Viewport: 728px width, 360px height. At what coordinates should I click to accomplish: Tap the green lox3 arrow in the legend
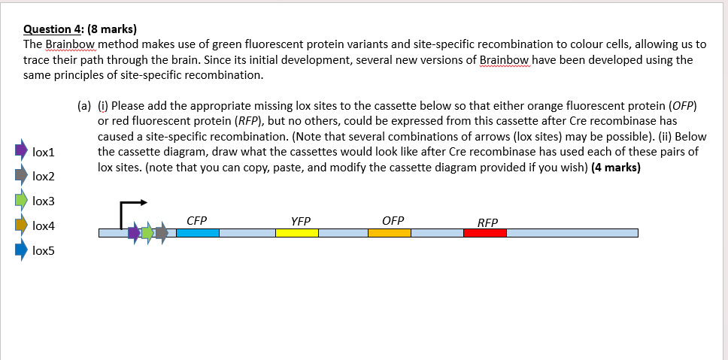point(20,201)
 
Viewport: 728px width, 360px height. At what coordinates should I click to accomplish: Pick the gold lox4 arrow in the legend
point(20,225)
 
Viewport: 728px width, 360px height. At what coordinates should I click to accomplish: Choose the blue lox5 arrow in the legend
point(20,250)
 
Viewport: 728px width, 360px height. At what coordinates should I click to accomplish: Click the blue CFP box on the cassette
point(198,233)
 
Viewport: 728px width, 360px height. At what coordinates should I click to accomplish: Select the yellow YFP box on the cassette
point(296,233)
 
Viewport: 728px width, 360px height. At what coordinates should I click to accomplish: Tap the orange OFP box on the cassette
point(389,233)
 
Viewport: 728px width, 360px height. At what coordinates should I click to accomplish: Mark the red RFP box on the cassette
point(485,233)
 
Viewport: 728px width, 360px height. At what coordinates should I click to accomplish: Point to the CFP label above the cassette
point(197,220)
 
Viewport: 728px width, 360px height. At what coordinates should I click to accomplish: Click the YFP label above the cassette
point(300,221)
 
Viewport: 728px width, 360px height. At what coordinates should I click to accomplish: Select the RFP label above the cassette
point(487,222)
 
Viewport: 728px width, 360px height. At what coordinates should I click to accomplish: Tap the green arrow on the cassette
point(148,233)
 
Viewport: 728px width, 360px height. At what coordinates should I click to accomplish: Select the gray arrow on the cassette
point(161,233)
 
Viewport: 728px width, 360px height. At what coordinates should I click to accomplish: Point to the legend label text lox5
point(44,251)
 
